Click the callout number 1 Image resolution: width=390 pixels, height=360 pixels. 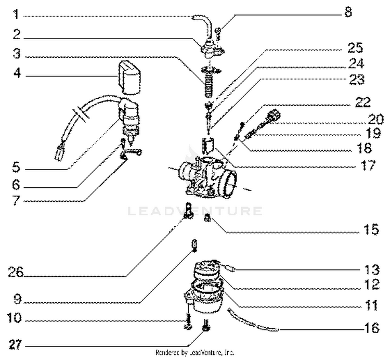pyautogui.click(x=17, y=14)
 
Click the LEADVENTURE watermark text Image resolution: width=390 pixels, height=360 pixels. pyautogui.click(x=194, y=211)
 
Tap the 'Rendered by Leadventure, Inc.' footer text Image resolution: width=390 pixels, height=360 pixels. pyautogui.click(x=194, y=352)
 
